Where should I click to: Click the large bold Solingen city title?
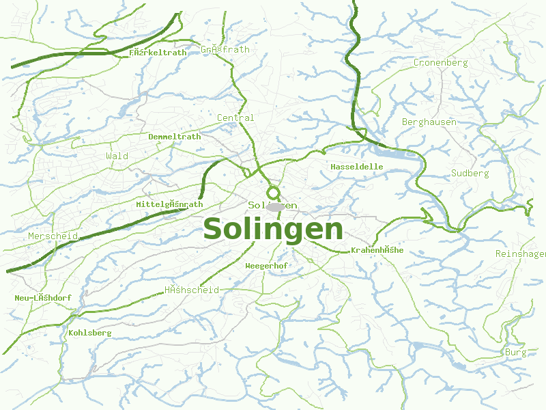coord(273,229)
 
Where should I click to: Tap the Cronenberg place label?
coord(440,63)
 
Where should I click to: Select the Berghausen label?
coord(429,122)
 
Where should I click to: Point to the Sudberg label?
coord(470,174)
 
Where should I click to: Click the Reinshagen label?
coord(521,254)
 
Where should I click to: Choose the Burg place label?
coord(516,353)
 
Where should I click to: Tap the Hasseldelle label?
coord(357,167)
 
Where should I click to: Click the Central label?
coord(235,118)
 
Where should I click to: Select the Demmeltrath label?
coord(175,137)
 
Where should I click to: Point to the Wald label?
coord(117,156)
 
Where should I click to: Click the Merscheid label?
coord(53,236)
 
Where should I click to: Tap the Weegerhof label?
coord(266,265)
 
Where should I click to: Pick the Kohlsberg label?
coord(90,333)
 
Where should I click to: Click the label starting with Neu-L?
coord(42,298)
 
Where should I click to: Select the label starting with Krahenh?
coord(377,250)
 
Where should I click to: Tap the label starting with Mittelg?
coord(169,204)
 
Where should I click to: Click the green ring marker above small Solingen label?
coord(274,193)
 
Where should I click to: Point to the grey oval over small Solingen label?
coord(276,206)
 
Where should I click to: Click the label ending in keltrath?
coord(158,52)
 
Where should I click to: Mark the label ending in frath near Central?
coord(225,50)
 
